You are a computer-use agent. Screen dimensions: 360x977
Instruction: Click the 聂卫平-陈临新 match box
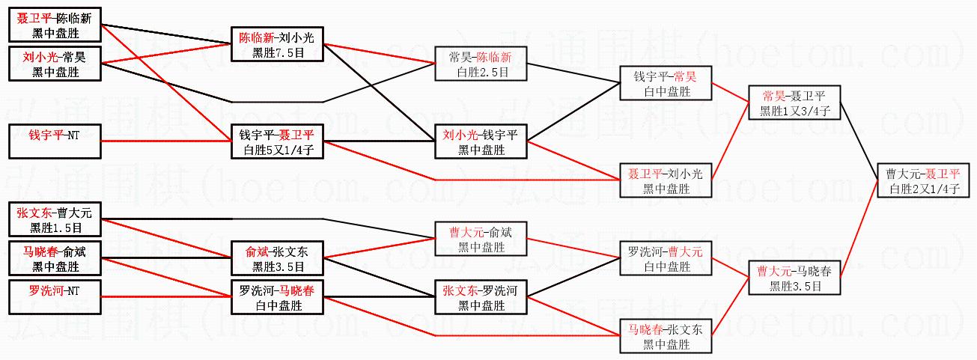pos(55,25)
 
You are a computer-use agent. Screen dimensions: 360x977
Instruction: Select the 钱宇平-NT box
pos(55,141)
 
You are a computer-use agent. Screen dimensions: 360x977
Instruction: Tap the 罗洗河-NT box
pos(55,297)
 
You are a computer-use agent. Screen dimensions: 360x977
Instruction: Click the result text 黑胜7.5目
pos(278,52)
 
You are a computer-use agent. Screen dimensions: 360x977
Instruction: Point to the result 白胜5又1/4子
pos(278,149)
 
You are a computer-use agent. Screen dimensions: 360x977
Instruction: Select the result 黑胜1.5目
pos(55,228)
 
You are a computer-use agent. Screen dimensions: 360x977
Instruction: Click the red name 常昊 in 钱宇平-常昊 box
pos(684,76)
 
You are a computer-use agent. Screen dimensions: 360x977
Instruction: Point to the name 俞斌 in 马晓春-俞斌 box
pos(75,252)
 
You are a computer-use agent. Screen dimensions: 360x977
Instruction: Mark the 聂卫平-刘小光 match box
pos(666,180)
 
